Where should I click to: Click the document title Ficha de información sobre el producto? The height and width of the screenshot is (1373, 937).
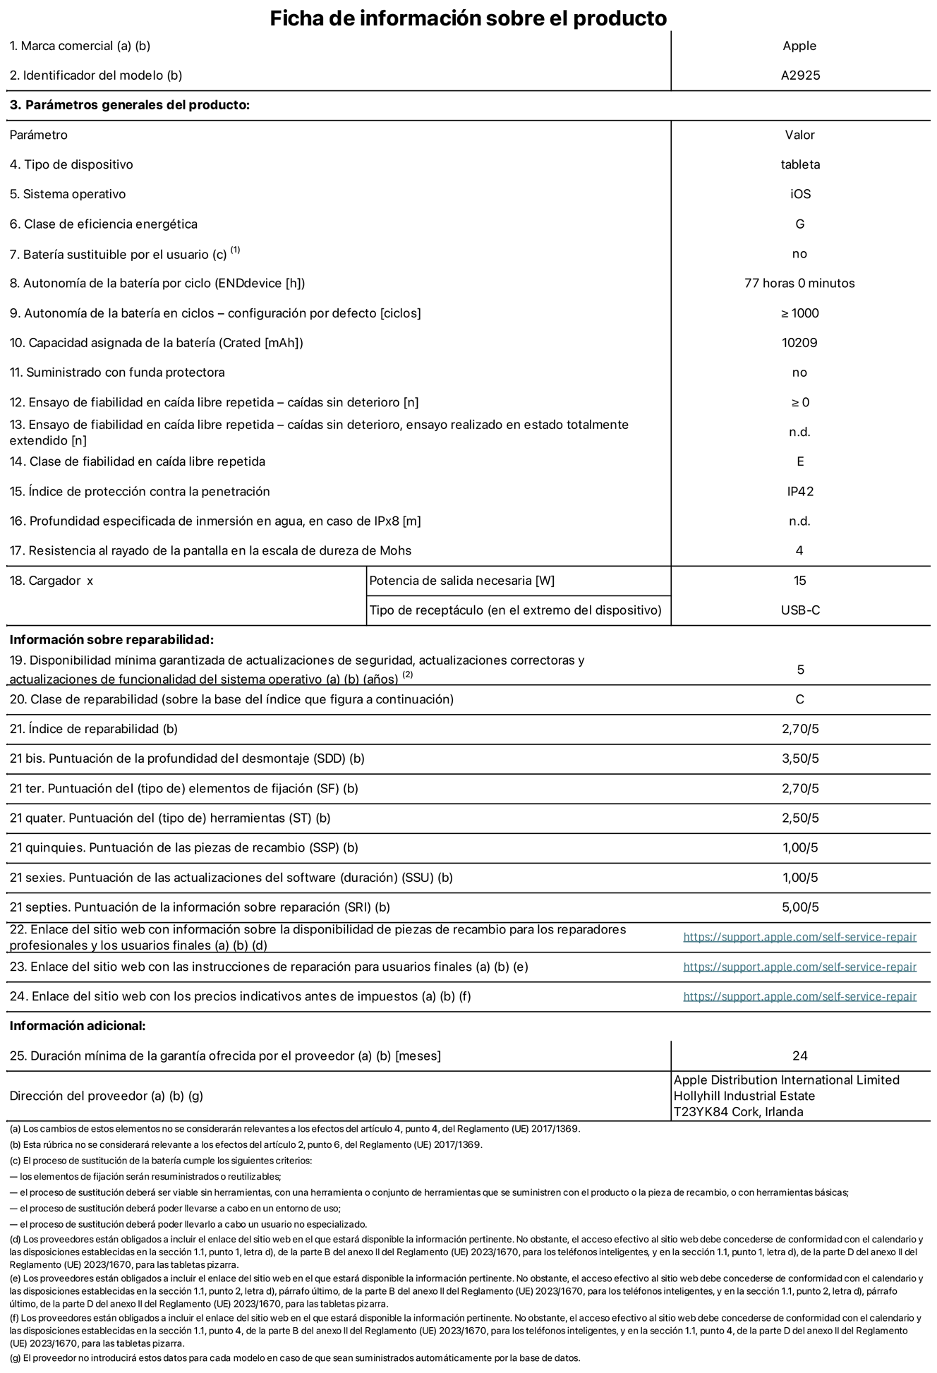[468, 18]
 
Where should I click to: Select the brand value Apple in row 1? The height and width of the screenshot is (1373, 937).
[799, 46]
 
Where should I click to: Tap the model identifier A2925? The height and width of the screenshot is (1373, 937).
[800, 75]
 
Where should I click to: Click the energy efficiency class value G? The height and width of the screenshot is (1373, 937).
[799, 224]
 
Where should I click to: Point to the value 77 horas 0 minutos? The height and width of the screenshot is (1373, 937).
[799, 284]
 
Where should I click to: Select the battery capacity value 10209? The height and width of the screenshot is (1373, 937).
[799, 343]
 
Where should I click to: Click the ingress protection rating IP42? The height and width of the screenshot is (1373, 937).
[800, 492]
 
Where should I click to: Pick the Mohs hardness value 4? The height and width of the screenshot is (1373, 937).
[799, 551]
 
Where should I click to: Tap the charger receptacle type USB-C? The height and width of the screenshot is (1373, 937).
[800, 610]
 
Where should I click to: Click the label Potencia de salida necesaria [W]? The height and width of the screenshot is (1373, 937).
[461, 581]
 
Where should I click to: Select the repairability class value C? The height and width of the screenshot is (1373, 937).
[799, 700]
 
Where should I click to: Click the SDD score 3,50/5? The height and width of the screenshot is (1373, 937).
[800, 759]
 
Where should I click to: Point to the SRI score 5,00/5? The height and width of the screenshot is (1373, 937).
[800, 907]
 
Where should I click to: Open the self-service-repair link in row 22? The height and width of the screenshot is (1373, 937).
[799, 937]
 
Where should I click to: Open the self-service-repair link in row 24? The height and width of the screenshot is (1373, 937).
[799, 997]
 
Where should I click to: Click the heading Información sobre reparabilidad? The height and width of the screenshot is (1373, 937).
[111, 640]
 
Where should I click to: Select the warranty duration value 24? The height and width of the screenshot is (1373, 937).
[799, 1056]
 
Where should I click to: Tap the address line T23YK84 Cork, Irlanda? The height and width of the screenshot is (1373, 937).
[738, 1113]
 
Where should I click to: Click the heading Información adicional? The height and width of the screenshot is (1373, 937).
[78, 1026]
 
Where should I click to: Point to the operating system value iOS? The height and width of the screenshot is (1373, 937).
[800, 194]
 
